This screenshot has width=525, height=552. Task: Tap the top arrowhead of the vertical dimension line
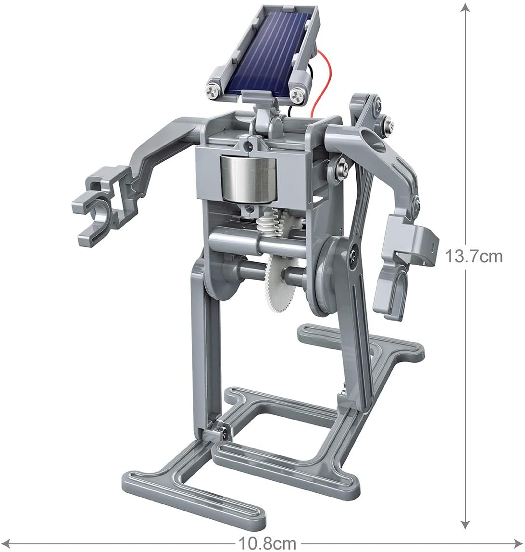464,7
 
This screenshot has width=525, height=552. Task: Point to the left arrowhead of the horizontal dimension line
7,544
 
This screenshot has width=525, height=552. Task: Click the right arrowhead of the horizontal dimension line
518,544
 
